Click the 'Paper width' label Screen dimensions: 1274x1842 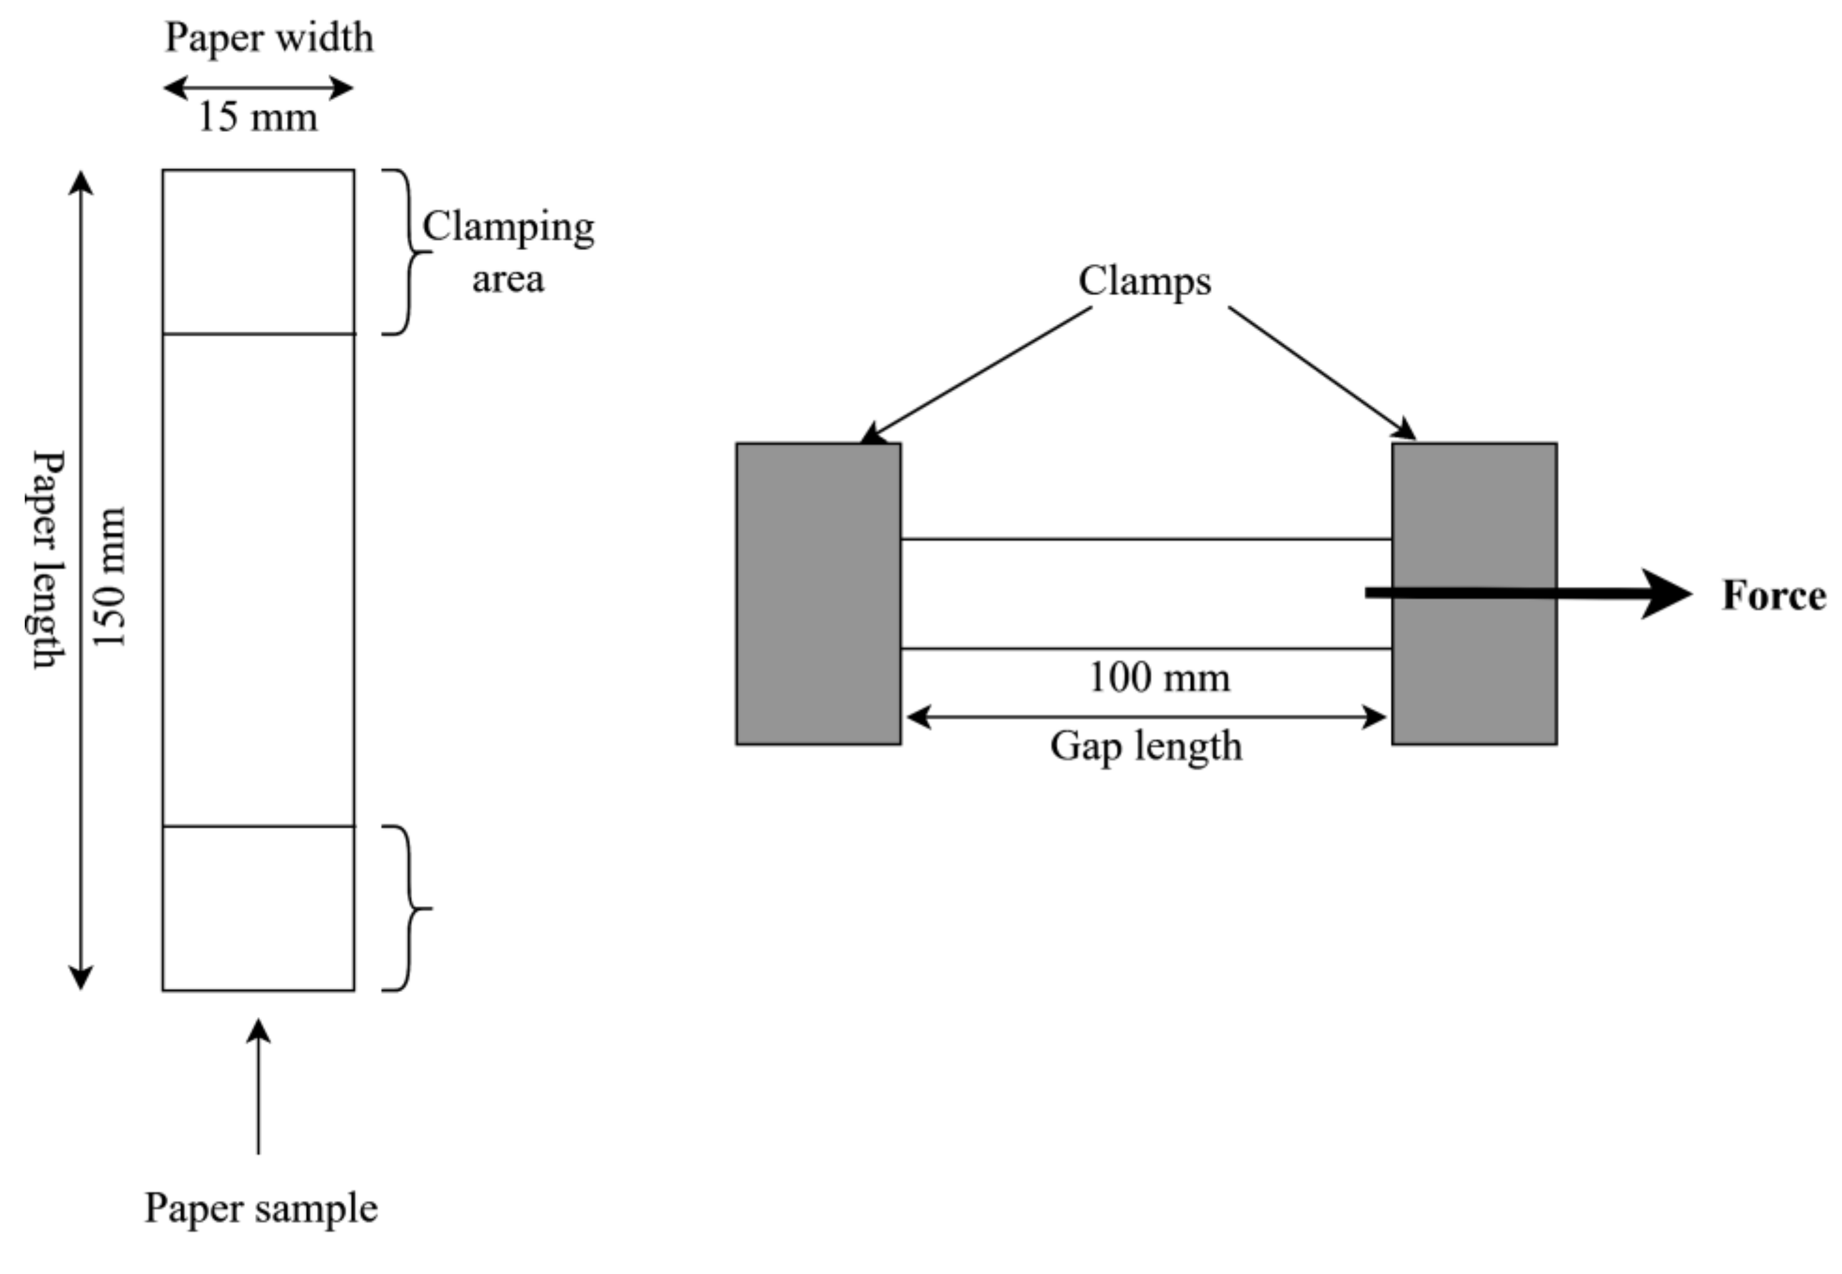269,38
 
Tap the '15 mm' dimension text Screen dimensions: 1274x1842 257,118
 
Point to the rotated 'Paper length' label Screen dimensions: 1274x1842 48,559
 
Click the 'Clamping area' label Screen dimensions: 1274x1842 508,251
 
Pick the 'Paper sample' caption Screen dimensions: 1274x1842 260,1208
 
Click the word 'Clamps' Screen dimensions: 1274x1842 1144,281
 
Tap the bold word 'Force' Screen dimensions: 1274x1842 1773,595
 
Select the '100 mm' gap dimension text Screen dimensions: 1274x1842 1159,678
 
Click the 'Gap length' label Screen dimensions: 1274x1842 1146,746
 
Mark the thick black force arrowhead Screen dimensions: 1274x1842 1664,593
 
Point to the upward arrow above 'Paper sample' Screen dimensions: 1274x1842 258,1086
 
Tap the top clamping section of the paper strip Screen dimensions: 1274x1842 258,251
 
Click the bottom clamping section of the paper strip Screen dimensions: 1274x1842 258,907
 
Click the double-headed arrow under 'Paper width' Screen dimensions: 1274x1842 258,88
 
